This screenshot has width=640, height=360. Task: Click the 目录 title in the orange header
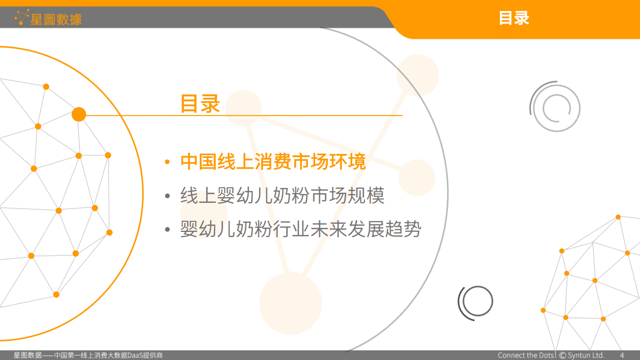pyautogui.click(x=514, y=18)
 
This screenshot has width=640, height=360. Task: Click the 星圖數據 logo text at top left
pyautogui.click(x=56, y=19)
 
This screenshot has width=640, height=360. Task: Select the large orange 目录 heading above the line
pyautogui.click(x=200, y=104)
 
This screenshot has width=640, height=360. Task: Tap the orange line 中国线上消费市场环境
pyautogui.click(x=273, y=162)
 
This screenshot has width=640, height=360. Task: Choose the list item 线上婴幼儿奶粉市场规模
pyautogui.click(x=282, y=196)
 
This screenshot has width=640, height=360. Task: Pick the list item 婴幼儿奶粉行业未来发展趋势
pyautogui.click(x=301, y=229)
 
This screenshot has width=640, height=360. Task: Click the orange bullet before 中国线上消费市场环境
pyautogui.click(x=168, y=162)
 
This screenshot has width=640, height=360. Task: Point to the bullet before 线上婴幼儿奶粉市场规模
pyautogui.click(x=168, y=196)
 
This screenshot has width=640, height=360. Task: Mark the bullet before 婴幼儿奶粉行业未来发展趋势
pyautogui.click(x=168, y=230)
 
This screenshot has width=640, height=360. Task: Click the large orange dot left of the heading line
pyautogui.click(x=79, y=115)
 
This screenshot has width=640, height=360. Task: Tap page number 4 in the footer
pyautogui.click(x=622, y=355)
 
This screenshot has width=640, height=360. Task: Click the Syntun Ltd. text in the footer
pyautogui.click(x=586, y=355)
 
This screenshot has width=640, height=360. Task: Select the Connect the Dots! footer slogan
pyautogui.click(x=527, y=355)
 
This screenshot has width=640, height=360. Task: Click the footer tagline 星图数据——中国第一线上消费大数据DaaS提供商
pyautogui.click(x=88, y=355)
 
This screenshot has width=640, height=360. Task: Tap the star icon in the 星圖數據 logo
pyautogui.click(x=22, y=18)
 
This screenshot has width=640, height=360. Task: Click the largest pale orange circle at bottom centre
pyautogui.click(x=290, y=303)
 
